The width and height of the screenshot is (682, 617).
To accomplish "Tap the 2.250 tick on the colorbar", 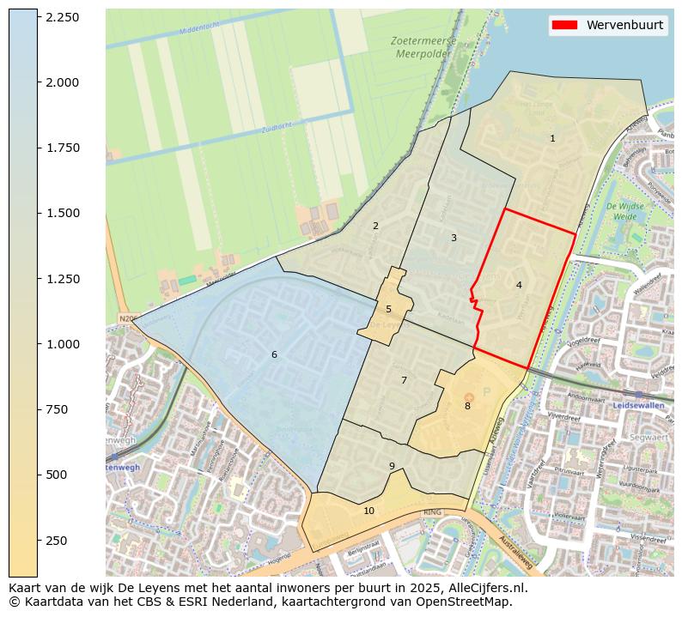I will (x=63, y=17).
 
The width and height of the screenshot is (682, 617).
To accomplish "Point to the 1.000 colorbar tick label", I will (x=63, y=344).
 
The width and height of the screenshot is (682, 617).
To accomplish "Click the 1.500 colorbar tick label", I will (x=63, y=213).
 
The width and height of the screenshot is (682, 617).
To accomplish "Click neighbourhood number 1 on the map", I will (x=552, y=138).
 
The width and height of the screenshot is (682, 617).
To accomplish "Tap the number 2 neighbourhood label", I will (x=375, y=227).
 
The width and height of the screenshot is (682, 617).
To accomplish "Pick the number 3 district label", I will (x=454, y=238).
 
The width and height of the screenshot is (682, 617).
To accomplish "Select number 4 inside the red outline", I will (x=519, y=285).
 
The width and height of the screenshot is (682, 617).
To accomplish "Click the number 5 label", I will (x=388, y=309).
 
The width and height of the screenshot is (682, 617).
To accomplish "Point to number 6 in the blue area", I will (x=274, y=354).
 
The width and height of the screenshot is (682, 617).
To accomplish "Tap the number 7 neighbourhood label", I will (x=404, y=380).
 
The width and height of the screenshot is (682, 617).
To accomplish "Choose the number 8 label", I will (x=467, y=406).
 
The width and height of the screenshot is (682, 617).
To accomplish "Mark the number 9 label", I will (x=392, y=467).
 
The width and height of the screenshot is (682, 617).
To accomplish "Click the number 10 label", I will (x=369, y=511).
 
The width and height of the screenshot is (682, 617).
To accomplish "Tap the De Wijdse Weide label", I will (x=624, y=211).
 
